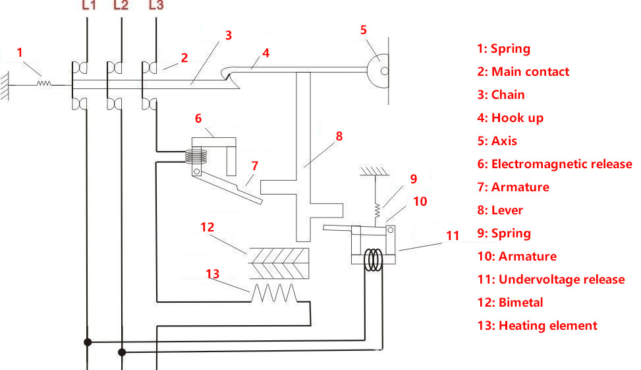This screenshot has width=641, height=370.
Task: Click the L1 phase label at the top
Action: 88,6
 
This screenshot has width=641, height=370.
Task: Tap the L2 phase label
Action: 121,6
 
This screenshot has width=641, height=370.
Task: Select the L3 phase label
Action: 156,6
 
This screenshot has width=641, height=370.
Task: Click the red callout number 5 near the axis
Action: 364,30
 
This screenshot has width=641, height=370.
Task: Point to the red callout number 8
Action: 339,137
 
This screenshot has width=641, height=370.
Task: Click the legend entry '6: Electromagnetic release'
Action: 554,164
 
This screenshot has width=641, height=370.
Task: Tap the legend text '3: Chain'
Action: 501,95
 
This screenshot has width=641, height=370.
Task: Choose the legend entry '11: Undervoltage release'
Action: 551,280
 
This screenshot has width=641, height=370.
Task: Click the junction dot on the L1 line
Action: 87,342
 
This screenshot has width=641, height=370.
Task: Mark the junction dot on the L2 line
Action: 121,352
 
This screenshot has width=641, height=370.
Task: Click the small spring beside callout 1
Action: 45,83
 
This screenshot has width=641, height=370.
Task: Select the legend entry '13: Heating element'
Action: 537,326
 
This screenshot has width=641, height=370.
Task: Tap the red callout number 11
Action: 453,235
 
